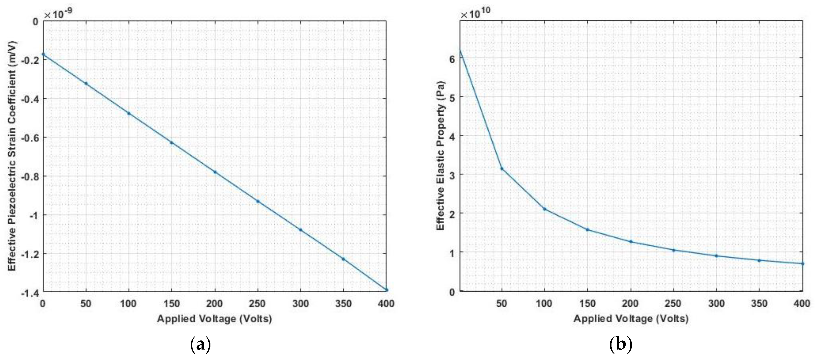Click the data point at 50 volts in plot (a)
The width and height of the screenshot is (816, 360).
coord(86,84)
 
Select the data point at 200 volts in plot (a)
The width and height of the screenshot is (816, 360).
coord(215,172)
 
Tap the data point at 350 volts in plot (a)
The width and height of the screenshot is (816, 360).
coord(343,259)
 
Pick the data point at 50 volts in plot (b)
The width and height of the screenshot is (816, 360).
coord(502,169)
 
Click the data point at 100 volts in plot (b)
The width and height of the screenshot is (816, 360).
coord(544,209)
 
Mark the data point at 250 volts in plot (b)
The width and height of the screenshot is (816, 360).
coord(674,250)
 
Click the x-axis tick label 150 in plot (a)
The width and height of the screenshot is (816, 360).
coord(171,304)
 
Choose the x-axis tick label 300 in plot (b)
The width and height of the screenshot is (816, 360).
coord(716,304)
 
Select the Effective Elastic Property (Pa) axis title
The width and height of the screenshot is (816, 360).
coord(441,156)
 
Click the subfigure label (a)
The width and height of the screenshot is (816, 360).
coord(200,345)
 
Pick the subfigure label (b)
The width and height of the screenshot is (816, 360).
coord(621,345)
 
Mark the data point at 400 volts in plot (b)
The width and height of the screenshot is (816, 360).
coord(802,263)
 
